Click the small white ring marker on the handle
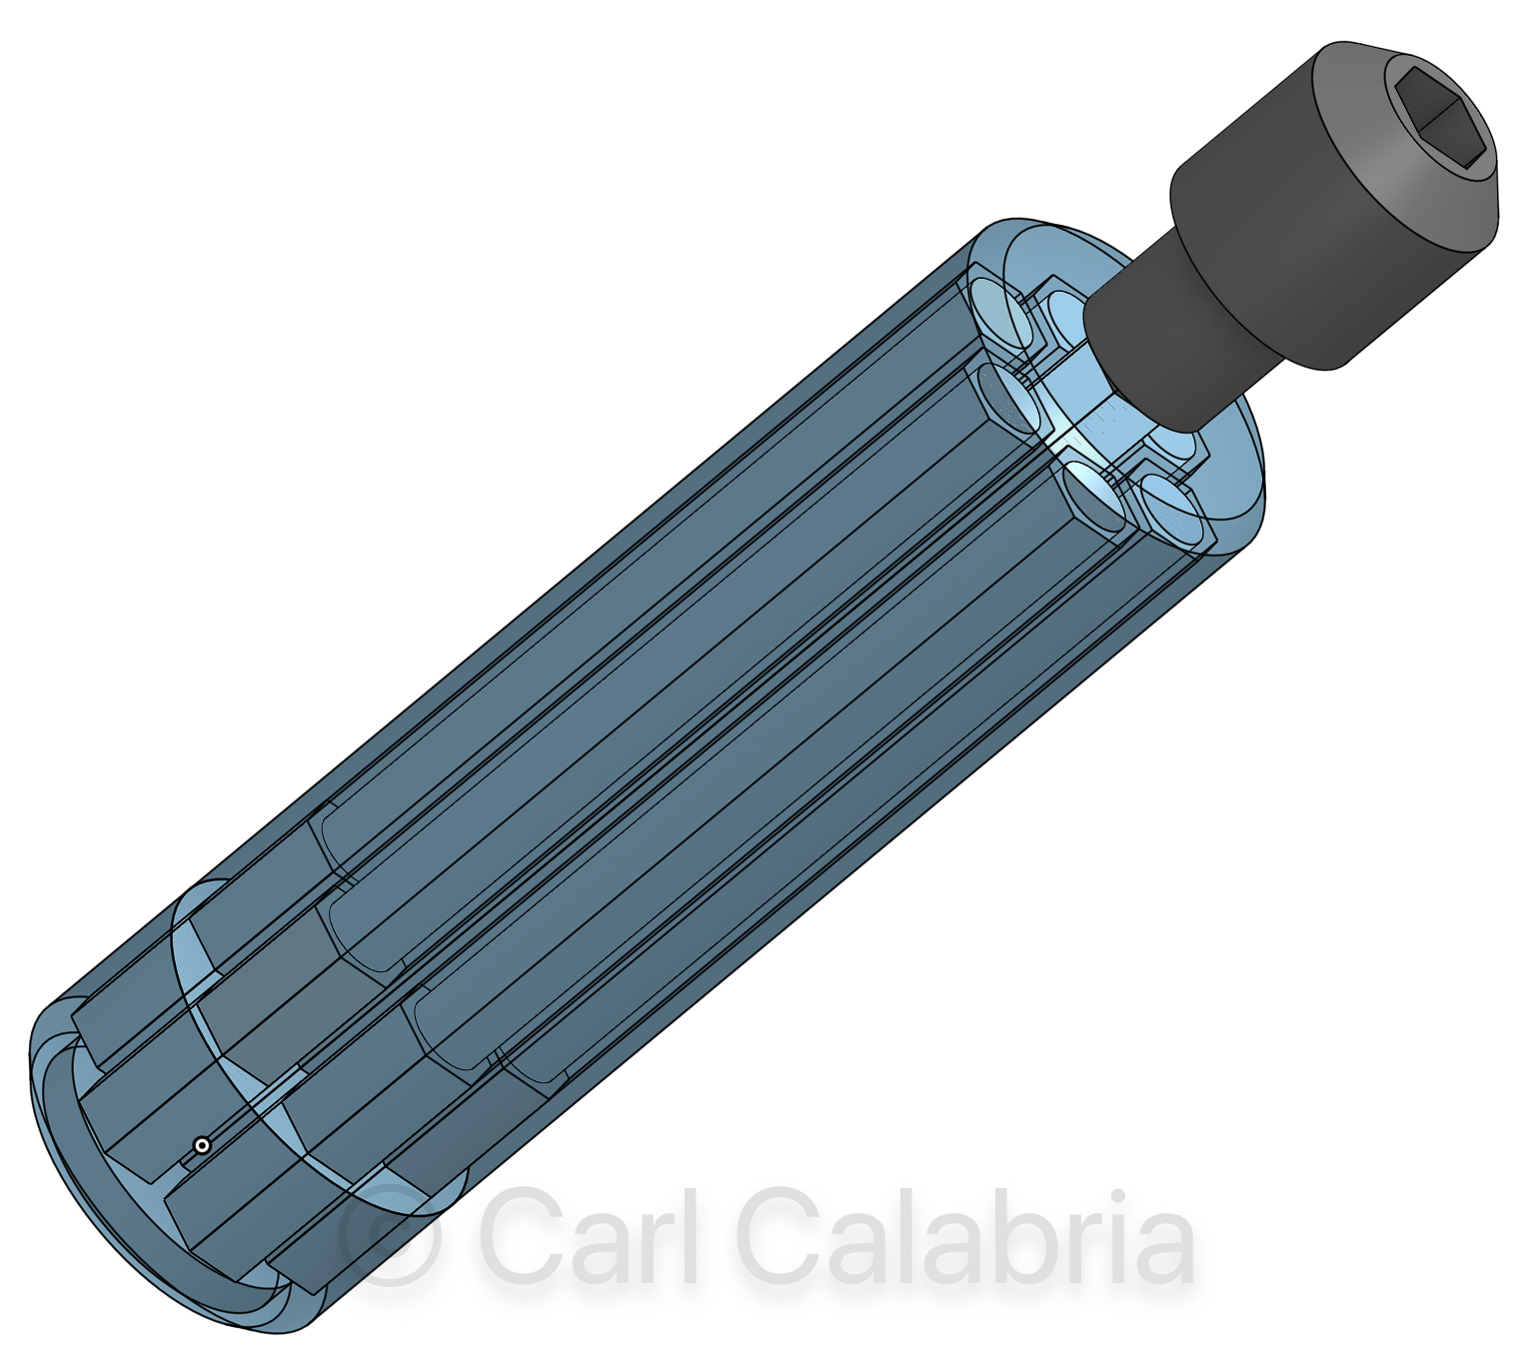tap(201, 1145)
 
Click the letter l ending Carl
tap(692, 1235)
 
